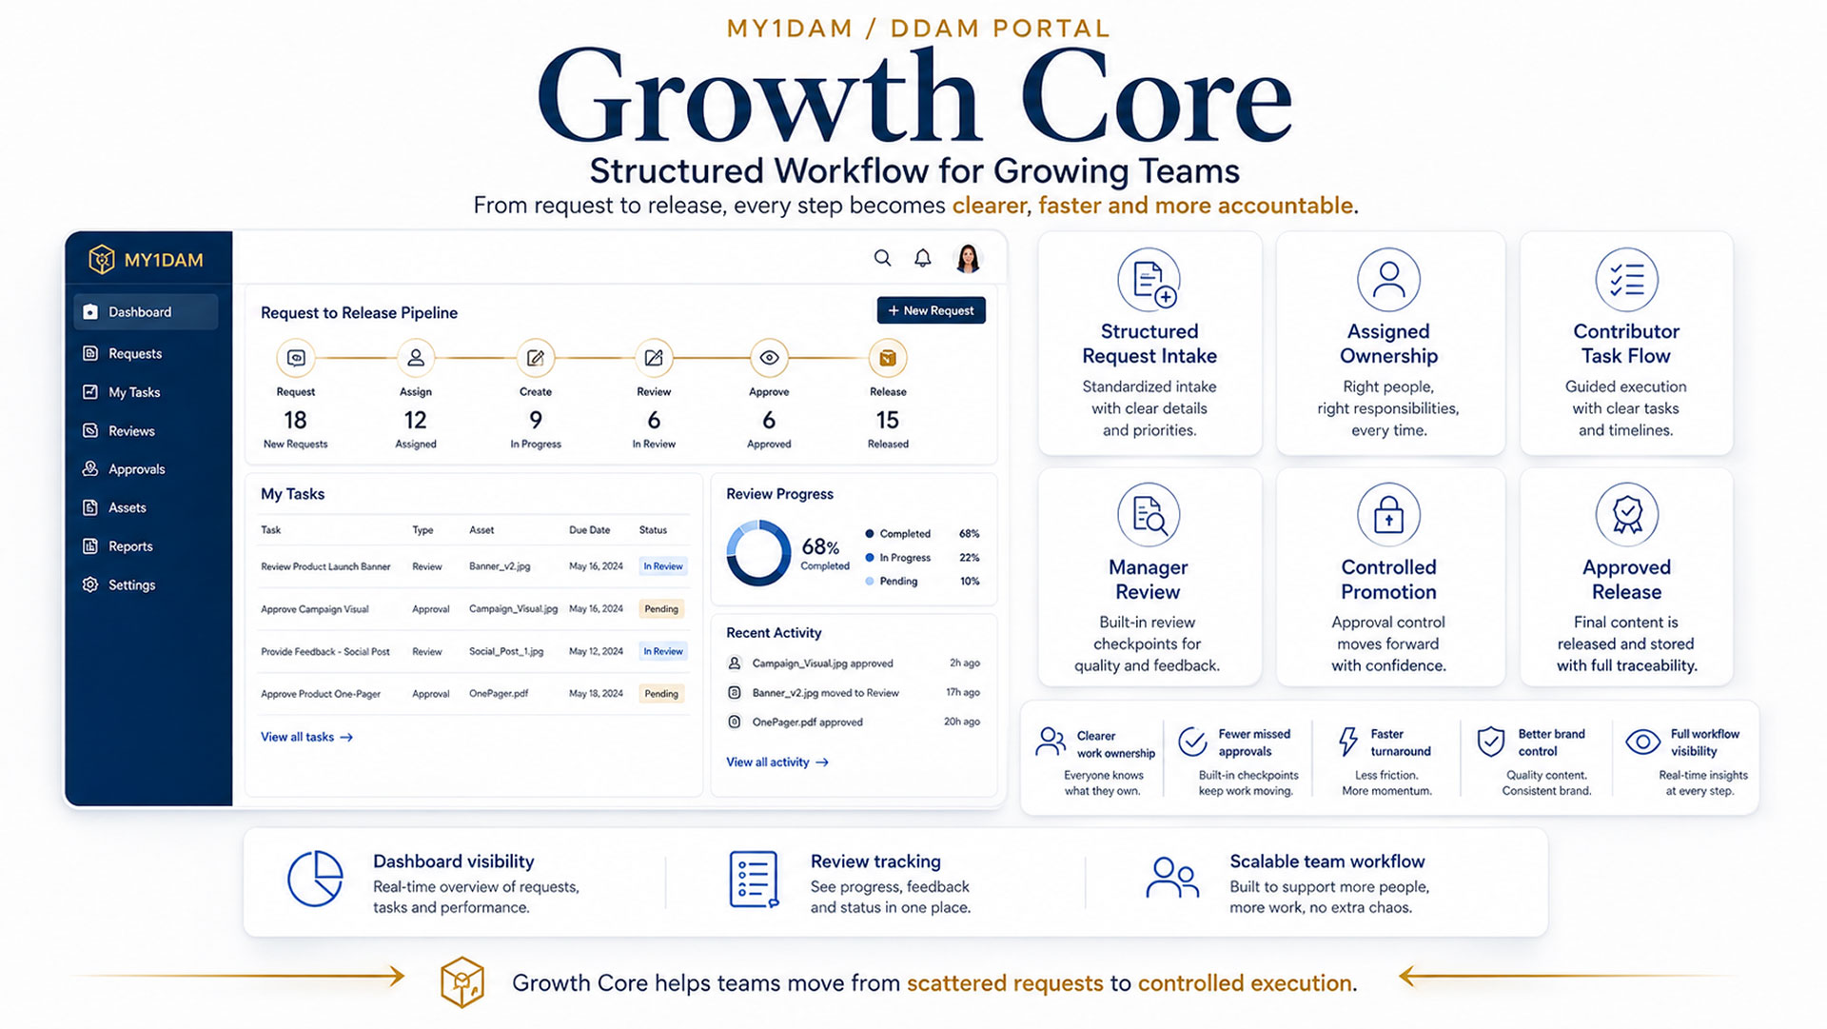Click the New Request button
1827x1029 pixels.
coord(931,310)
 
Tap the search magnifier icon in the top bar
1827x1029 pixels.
coord(883,258)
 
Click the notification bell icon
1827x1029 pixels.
coord(922,258)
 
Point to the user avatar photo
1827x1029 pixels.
coord(968,258)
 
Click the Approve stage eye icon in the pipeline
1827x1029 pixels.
coord(769,358)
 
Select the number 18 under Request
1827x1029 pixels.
coord(295,420)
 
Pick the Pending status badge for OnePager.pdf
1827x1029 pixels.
coord(661,694)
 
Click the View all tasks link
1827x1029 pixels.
coord(306,737)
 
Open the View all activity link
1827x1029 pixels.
coord(776,762)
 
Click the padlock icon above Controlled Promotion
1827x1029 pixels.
coord(1388,514)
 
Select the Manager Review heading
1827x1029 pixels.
coord(1148,580)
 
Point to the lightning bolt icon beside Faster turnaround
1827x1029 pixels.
coord(1347,742)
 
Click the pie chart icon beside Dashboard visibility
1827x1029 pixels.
coord(315,879)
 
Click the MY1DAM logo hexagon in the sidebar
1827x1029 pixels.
coord(101,259)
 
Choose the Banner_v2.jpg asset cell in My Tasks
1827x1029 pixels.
coord(500,566)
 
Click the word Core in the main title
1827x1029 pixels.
coord(1156,99)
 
